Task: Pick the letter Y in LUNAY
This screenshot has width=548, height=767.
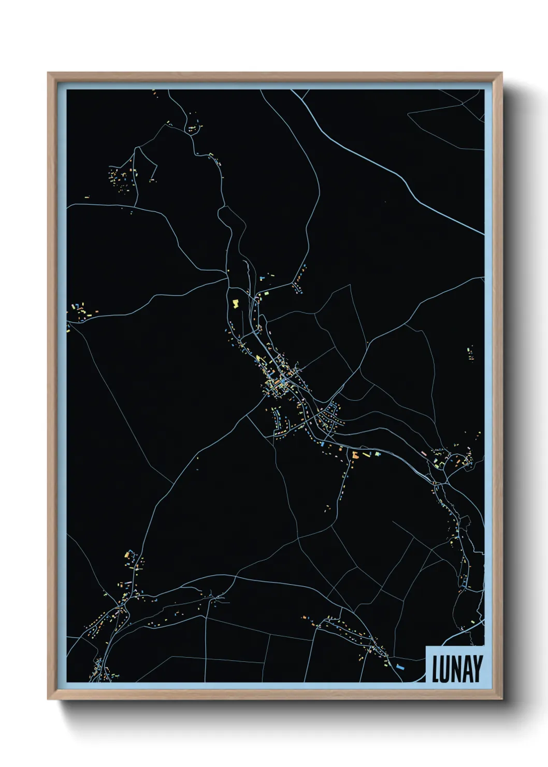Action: click(477, 669)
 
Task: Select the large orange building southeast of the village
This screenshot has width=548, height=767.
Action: click(355, 455)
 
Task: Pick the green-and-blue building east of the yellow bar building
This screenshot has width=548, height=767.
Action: click(378, 454)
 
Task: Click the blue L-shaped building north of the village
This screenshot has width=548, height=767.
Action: click(263, 278)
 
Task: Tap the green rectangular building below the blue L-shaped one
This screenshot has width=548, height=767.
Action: click(266, 293)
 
